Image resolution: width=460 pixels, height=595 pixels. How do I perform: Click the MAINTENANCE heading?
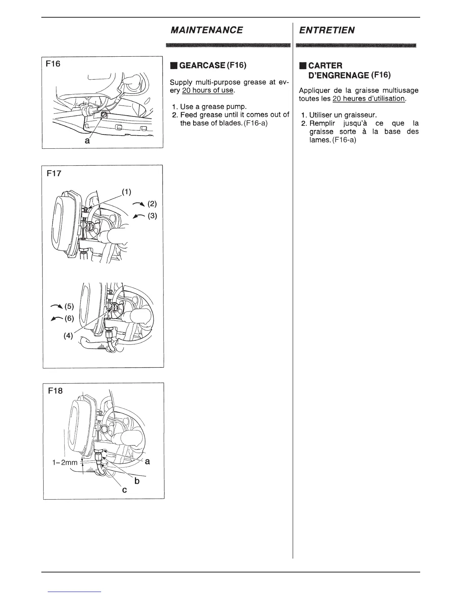(206, 30)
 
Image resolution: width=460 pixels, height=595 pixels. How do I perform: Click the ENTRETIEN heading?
(327, 30)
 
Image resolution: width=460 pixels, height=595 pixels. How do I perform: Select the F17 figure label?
(54, 174)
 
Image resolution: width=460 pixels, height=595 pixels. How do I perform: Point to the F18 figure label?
(56, 391)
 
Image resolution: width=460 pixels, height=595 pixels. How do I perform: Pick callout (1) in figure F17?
(126, 192)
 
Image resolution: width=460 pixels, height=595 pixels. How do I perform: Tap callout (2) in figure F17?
(152, 204)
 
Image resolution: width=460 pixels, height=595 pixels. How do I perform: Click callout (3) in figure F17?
(152, 216)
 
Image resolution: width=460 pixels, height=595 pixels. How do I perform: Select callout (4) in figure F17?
(68, 336)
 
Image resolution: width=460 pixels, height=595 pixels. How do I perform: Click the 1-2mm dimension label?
(65, 462)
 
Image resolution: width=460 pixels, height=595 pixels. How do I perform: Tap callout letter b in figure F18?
(137, 481)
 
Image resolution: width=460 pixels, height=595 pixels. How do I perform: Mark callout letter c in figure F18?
(124, 490)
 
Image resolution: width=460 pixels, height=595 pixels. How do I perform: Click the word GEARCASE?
(202, 65)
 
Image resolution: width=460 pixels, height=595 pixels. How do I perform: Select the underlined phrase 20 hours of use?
(208, 91)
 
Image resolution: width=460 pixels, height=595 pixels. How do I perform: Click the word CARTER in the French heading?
(325, 65)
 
